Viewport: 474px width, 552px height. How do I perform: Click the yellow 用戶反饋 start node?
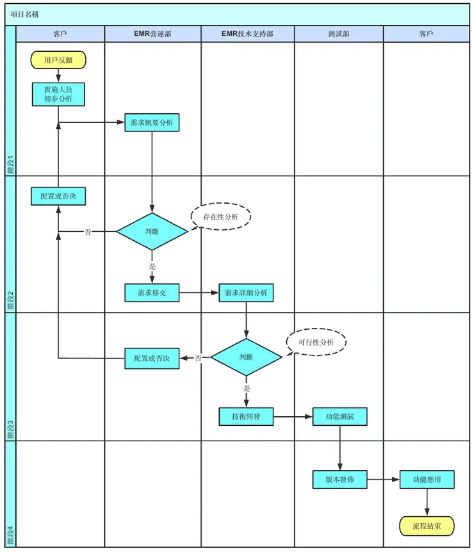58,60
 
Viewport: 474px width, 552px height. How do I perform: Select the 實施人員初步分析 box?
58,94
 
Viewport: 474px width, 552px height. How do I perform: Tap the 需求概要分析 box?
152,122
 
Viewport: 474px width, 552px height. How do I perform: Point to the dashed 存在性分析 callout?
221,216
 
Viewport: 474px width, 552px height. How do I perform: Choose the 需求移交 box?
152,293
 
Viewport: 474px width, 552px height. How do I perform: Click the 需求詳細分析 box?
246,293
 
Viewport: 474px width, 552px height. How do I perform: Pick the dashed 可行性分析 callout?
316,342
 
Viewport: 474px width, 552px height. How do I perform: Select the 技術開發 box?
246,416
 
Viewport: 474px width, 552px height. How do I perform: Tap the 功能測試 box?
340,416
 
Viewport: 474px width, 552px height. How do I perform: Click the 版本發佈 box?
340,479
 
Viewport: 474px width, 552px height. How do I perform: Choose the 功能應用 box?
427,479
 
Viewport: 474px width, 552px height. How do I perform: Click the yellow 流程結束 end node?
427,526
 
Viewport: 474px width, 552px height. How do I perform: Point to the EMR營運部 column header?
152,34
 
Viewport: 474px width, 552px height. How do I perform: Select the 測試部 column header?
339,34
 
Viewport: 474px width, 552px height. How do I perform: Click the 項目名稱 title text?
24,15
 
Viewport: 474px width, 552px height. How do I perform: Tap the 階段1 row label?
11,165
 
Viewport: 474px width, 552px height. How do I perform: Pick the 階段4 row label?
11,535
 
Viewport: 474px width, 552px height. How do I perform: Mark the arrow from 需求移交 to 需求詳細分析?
199,293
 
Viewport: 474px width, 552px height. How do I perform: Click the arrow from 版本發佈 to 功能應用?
384,479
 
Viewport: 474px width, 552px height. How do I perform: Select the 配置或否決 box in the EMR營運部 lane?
152,359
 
